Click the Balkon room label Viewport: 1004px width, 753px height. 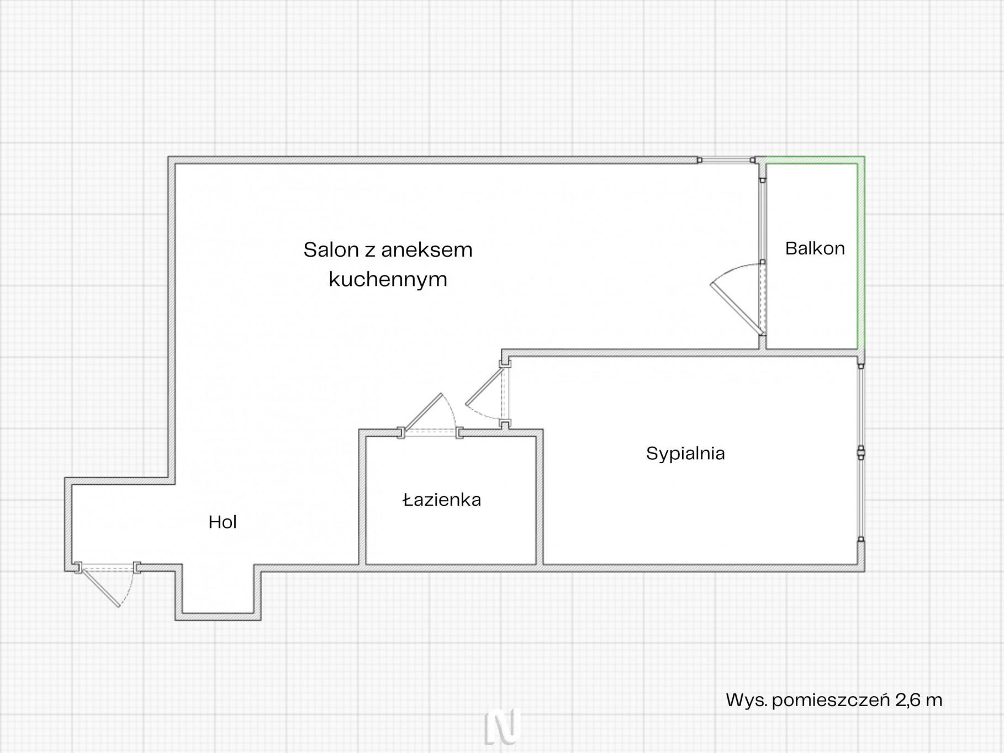[x=815, y=248]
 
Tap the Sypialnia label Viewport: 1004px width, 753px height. [x=685, y=454]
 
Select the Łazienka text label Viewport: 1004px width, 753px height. [x=442, y=500]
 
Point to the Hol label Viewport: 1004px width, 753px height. [x=223, y=522]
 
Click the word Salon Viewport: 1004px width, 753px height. [x=331, y=250]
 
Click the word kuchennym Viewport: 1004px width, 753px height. [x=388, y=279]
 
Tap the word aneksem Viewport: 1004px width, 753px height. [x=426, y=250]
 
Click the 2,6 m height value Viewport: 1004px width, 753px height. [x=919, y=700]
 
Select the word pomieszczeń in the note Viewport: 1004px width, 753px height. [x=831, y=701]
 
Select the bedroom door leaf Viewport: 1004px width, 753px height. [x=485, y=385]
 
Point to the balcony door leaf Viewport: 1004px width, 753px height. [x=737, y=309]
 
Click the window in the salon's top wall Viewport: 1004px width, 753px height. [x=727, y=160]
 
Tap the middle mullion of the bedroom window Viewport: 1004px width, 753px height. [x=860, y=453]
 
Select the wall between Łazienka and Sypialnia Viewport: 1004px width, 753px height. [x=540, y=497]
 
